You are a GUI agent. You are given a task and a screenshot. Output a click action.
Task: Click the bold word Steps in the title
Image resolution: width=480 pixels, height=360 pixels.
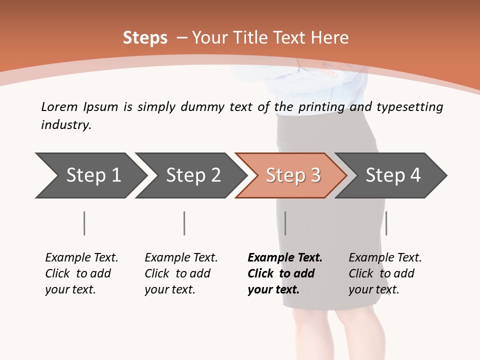pos(145,38)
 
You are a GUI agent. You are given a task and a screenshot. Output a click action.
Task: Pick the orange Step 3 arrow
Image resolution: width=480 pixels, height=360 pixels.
pos(293,175)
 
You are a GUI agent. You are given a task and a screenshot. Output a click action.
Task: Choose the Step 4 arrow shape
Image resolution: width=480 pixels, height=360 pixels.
pos(393,175)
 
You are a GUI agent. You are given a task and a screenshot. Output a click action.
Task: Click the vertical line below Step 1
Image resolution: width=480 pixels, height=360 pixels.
pos(84,223)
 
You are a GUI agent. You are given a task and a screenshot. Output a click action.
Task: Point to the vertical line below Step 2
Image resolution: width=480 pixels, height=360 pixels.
pos(184,223)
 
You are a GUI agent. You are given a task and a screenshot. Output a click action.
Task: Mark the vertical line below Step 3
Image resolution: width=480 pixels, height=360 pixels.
pos(285,223)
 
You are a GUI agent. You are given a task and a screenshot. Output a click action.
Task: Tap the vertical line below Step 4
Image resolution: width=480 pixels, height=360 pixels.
pos(386,223)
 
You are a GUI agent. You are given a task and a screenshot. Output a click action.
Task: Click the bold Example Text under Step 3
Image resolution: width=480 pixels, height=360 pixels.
pos(285,258)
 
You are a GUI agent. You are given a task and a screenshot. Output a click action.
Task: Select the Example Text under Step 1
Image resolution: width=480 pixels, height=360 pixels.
pos(81,258)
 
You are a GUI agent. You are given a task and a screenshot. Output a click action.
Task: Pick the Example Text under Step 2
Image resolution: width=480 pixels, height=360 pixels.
pos(181,258)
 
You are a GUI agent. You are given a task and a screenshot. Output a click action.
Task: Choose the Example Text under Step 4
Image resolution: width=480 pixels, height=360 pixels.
pos(385,258)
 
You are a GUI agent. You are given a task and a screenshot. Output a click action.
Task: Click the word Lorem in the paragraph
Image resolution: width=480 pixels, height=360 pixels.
pos(59,107)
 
